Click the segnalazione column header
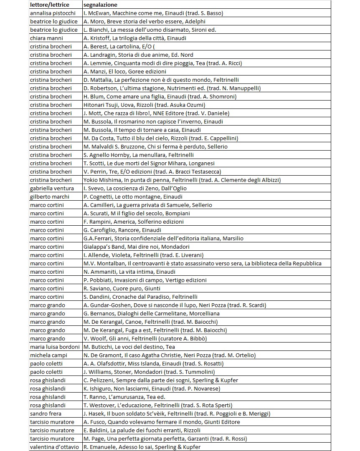coord(100,5)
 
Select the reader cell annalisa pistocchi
coord(53,13)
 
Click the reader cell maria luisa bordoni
coord(55,347)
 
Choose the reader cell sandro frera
coord(46,413)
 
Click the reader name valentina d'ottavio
coord(55,447)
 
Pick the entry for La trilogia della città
coord(134,38)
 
